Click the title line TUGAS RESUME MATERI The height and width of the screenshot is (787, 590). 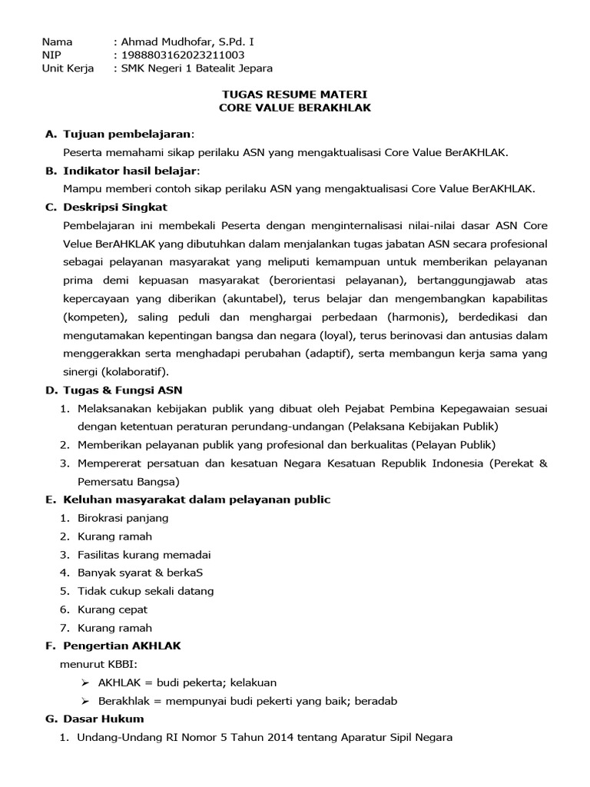(x=295, y=95)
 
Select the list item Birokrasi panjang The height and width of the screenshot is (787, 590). (x=123, y=518)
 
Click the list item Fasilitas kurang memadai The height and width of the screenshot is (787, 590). (x=144, y=554)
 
